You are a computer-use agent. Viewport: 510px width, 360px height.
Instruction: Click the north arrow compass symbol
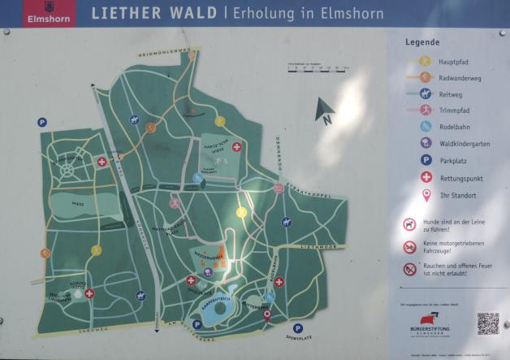[326, 112]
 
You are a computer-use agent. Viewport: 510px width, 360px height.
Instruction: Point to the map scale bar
[318, 67]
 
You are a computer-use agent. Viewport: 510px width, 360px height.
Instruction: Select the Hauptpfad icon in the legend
[424, 61]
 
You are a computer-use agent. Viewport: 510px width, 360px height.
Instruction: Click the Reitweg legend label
[450, 93]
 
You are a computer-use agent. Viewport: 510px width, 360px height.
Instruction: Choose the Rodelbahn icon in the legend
[425, 126]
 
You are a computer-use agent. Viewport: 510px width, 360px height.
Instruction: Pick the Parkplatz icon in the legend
[425, 160]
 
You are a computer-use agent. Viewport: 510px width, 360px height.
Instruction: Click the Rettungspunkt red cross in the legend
[425, 177]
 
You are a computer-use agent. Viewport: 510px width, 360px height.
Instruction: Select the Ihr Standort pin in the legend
[425, 195]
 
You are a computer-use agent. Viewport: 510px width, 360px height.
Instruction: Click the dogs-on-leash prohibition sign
[410, 223]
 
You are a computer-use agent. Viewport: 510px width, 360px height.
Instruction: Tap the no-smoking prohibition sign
[410, 269]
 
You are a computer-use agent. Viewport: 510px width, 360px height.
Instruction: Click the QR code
[486, 323]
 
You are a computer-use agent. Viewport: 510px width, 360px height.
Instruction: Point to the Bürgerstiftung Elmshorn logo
[430, 324]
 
